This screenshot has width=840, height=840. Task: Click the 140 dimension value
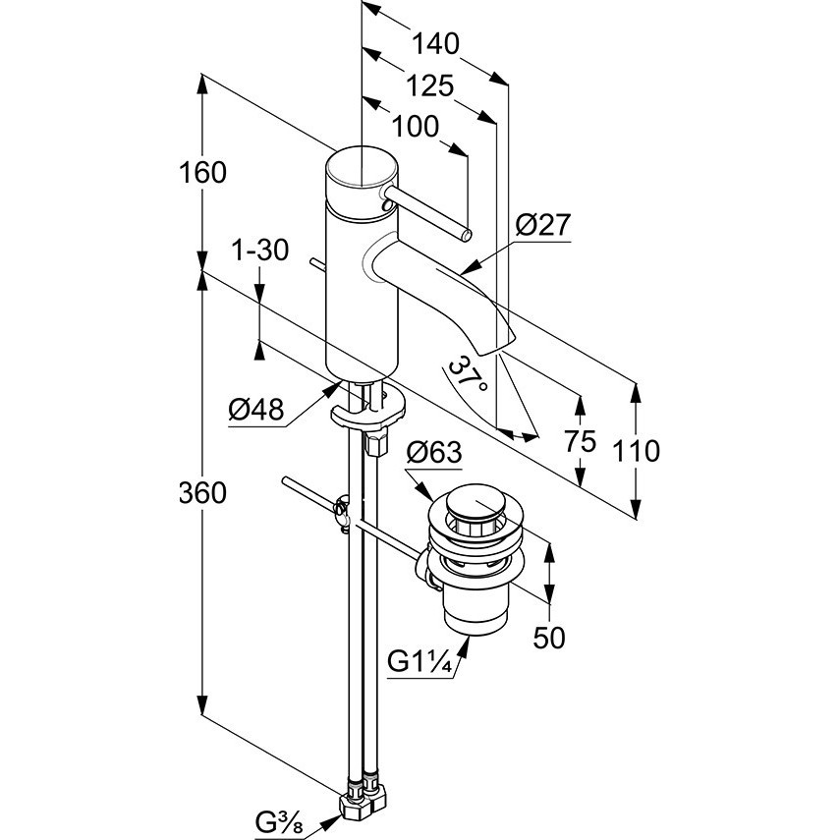(x=435, y=43)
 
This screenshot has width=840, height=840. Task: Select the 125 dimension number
(x=429, y=85)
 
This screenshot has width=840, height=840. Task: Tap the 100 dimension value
(x=416, y=127)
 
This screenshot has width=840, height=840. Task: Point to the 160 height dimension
(x=202, y=173)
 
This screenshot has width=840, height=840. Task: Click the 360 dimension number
(x=202, y=492)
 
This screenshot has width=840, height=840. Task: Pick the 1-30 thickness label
(x=259, y=251)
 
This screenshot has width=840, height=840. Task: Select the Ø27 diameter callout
(x=543, y=225)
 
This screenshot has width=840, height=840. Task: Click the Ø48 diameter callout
(x=256, y=411)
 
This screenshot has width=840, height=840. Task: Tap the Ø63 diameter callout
(x=434, y=453)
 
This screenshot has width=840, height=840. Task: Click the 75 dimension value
(x=580, y=442)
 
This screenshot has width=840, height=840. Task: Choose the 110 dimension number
(x=636, y=451)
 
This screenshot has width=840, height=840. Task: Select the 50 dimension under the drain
(x=549, y=638)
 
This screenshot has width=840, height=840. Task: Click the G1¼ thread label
(x=421, y=663)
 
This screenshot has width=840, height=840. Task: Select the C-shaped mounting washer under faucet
(x=368, y=412)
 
